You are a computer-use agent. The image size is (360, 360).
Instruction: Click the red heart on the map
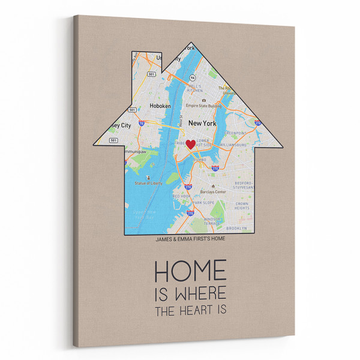point(191,144)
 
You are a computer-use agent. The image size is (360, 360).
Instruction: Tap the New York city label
point(202,122)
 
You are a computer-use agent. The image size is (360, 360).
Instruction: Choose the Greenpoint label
point(235,133)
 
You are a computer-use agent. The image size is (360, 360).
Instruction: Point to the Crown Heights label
point(242,206)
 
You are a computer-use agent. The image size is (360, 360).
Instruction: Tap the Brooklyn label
point(236,229)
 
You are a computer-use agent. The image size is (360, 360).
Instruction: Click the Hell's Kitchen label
point(194,89)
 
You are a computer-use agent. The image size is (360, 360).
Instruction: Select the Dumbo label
point(199,160)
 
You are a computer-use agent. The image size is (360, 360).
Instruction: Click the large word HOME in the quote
point(190,271)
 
